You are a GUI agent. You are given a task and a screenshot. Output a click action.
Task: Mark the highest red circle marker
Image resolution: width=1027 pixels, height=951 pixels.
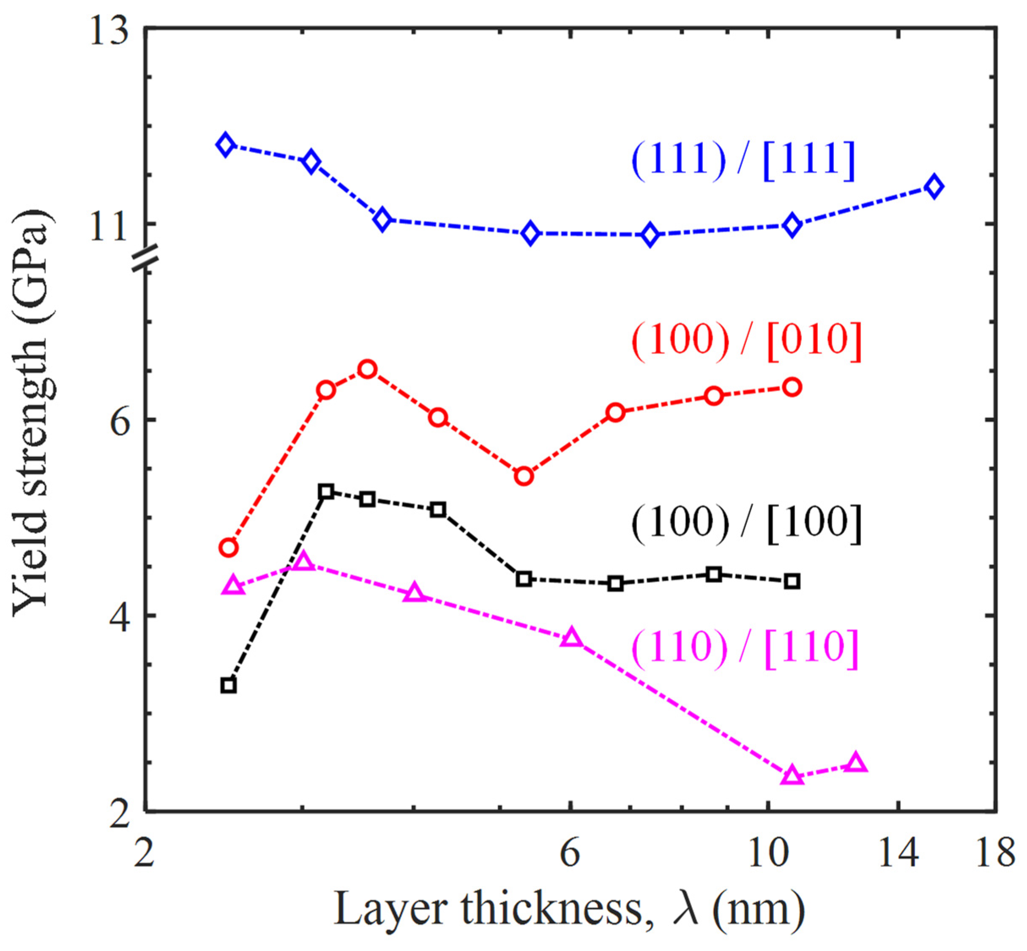pyautogui.click(x=367, y=369)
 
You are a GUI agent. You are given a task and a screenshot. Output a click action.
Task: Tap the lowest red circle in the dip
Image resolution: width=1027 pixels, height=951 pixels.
pyautogui.click(x=524, y=476)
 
